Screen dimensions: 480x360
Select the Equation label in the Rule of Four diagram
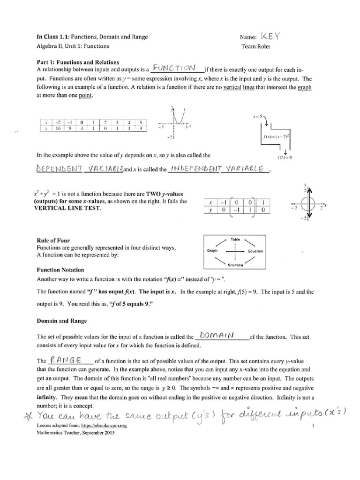click(x=256, y=251)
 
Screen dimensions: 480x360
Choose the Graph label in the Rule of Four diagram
click(x=213, y=251)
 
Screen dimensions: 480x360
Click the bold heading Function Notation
click(x=60, y=270)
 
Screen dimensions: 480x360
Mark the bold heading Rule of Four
click(x=53, y=240)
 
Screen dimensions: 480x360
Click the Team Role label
click(x=256, y=46)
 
